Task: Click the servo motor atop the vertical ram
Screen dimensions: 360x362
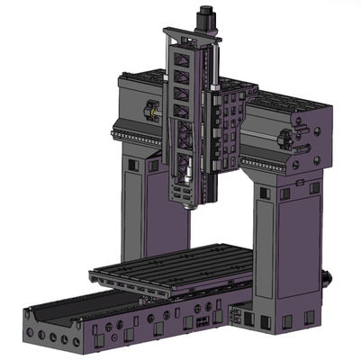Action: [x=206, y=18]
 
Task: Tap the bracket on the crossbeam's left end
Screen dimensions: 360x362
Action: [x=149, y=112]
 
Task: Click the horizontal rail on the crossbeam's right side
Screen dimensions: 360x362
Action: [x=266, y=162]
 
